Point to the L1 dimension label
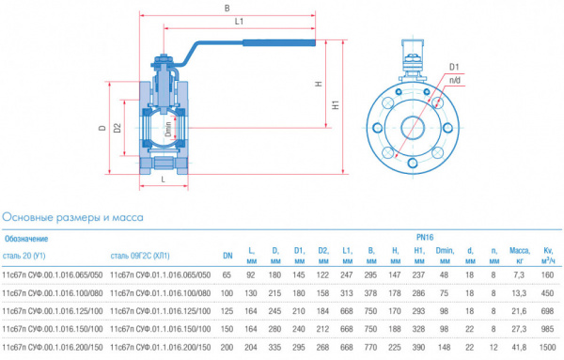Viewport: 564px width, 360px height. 240,21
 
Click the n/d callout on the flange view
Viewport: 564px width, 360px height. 455,83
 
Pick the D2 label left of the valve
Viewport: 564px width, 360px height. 117,128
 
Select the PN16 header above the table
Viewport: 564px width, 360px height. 422,239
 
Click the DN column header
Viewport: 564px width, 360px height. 227,255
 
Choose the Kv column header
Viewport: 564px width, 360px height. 548,255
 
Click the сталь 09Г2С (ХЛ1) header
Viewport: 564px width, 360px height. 140,255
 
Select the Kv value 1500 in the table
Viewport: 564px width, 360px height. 547,350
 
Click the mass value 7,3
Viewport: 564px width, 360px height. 517,274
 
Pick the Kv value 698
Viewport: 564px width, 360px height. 548,312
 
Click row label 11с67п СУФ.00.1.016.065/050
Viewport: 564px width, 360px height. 53,274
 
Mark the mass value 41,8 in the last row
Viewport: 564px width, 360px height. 516,350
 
